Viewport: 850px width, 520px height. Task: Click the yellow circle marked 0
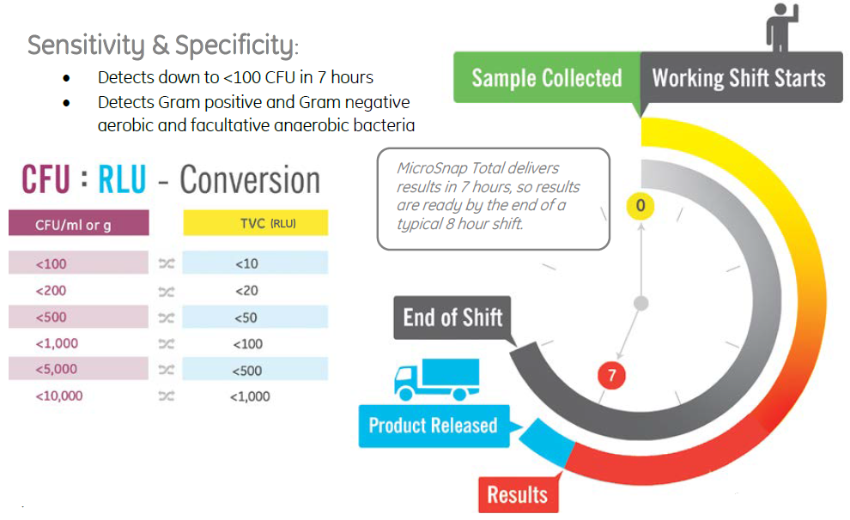click(641, 206)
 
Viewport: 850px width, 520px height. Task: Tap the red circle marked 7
click(612, 375)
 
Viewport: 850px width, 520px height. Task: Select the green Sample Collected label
click(547, 78)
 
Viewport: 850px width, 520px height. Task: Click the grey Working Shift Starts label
click(739, 78)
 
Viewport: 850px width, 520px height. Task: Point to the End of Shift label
click(452, 317)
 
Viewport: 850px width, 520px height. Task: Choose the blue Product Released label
click(433, 426)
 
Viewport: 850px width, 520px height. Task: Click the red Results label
click(518, 494)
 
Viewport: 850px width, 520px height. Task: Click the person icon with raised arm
click(782, 27)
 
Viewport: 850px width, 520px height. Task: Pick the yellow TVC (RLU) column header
click(255, 224)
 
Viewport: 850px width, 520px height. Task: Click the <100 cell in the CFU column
click(51, 264)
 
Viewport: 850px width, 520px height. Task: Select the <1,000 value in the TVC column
click(250, 396)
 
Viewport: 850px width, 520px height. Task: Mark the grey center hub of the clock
click(641, 303)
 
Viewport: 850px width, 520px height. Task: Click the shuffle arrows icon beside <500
click(167, 317)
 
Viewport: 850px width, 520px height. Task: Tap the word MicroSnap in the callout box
click(432, 169)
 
